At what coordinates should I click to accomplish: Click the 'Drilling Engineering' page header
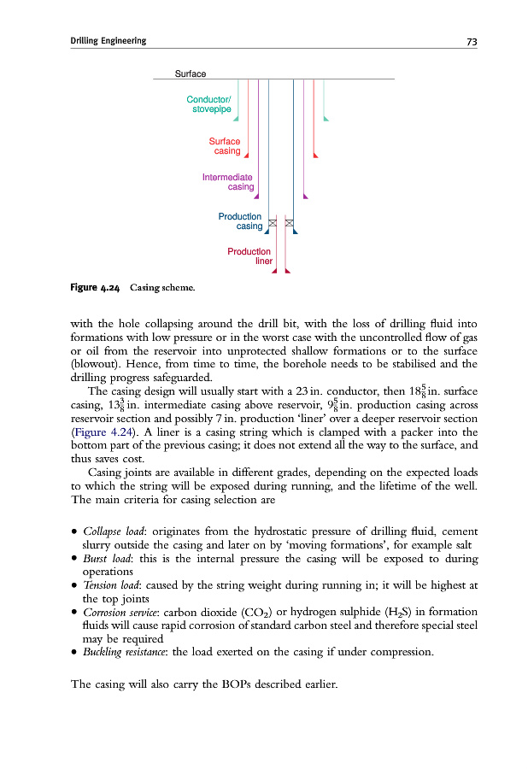tap(108, 41)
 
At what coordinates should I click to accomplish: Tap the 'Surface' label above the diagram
tap(190, 73)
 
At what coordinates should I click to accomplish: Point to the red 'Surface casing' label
tap(226, 146)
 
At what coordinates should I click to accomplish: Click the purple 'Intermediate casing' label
tap(228, 182)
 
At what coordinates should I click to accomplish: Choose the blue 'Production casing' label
tap(240, 221)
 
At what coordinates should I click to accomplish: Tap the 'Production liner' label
tap(249, 256)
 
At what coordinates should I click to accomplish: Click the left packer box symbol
tap(273, 224)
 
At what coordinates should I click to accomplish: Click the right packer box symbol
tap(290, 224)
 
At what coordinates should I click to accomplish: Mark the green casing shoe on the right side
tap(326, 118)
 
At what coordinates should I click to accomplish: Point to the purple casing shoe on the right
tap(306, 196)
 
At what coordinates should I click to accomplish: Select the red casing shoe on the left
tap(247, 156)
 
